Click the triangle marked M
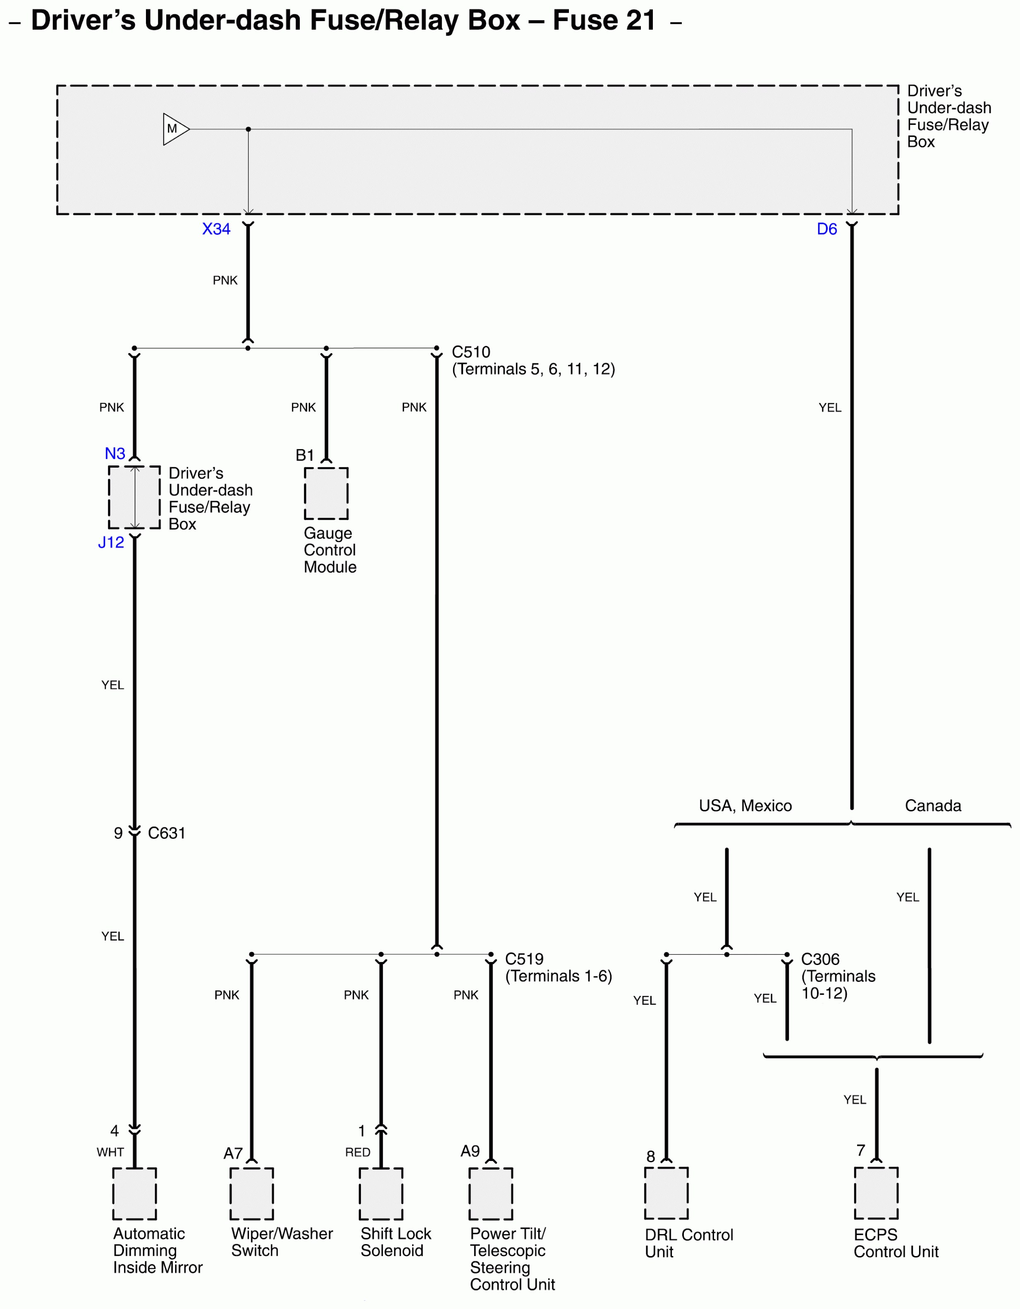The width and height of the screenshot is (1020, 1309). pyautogui.click(x=174, y=129)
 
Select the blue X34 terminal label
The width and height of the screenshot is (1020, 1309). pyautogui.click(x=216, y=229)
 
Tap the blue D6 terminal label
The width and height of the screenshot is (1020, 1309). pyautogui.click(x=827, y=229)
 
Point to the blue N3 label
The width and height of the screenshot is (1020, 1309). pyautogui.click(x=115, y=454)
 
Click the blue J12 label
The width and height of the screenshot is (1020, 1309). pyautogui.click(x=111, y=542)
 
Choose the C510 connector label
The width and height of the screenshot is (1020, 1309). pyautogui.click(x=471, y=352)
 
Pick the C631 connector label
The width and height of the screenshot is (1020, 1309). pyautogui.click(x=167, y=833)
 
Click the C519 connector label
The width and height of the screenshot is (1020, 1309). pyautogui.click(x=524, y=959)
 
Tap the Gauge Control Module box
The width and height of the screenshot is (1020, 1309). pyautogui.click(x=326, y=493)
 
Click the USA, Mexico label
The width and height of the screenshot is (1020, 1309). pyautogui.click(x=745, y=805)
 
